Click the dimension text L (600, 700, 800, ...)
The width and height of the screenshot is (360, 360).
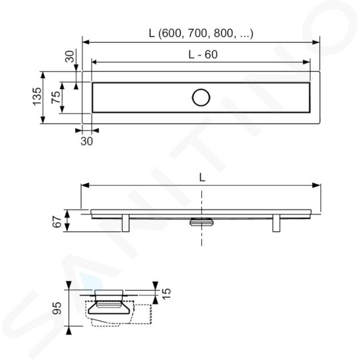pos(201,34)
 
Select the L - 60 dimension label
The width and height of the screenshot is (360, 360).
pos(203,55)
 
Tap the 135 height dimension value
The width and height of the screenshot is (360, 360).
pos(37,97)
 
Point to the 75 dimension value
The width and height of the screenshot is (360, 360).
pos(56,97)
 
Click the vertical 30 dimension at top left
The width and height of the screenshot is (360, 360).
pos(70,57)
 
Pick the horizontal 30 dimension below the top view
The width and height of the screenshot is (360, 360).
pos(87,141)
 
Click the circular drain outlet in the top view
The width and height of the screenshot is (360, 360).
pos(201,98)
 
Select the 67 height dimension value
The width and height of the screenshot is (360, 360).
pos(57,222)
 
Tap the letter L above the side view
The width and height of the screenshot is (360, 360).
pos(202,178)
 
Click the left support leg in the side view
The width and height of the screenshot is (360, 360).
pos(126,223)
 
